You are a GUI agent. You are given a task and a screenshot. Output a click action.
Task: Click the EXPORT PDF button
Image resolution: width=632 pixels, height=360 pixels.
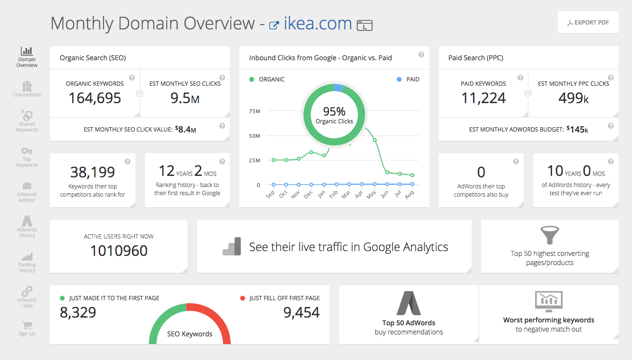point(588,23)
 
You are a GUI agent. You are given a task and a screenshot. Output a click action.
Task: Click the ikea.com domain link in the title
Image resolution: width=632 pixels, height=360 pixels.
point(317,24)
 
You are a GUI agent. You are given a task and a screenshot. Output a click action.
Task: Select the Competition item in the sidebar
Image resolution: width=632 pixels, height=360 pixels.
point(27,89)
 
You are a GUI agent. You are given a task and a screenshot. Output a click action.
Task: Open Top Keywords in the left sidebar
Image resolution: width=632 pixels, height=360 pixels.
point(27,157)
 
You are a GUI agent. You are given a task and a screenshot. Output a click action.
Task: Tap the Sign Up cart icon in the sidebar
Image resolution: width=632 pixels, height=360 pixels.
point(27,326)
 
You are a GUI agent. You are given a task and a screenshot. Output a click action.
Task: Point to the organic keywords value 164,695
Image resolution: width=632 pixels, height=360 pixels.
point(95,98)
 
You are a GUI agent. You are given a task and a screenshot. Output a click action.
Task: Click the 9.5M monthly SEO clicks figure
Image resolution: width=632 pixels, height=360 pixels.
point(185,98)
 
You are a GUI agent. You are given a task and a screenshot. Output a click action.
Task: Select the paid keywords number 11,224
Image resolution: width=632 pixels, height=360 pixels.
point(483,98)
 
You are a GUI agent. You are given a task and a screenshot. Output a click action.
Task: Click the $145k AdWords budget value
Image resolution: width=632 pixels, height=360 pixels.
point(577,129)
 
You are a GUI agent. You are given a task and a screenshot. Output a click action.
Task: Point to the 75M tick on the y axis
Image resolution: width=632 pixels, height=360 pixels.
point(254,111)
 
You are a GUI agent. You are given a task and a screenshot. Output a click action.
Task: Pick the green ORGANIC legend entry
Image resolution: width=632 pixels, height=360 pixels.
point(267,80)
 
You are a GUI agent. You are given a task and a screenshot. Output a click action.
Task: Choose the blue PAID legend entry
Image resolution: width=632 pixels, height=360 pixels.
point(408,80)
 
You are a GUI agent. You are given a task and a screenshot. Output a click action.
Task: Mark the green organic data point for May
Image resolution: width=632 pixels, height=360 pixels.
point(375,140)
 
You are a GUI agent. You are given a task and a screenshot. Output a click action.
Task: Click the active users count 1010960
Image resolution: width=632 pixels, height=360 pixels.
point(118,251)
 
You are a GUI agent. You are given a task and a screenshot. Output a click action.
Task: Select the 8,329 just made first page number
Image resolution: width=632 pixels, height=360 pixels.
point(78,312)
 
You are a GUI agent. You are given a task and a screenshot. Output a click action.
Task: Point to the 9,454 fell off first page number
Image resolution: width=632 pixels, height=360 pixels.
point(302,312)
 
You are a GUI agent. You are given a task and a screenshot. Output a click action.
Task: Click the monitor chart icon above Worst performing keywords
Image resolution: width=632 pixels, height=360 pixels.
point(549,302)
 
